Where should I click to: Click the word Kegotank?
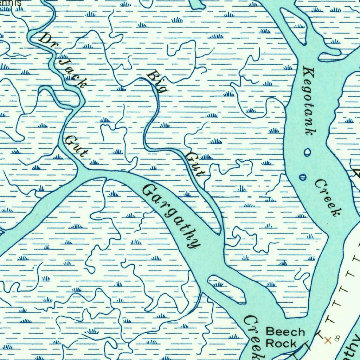(308, 101)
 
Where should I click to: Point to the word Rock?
(281, 343)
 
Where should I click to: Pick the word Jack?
(72, 73)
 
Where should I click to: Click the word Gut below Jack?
(76, 146)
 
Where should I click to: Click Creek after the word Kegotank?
(328, 198)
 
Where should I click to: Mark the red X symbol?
(328, 340)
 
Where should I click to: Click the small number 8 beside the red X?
(337, 339)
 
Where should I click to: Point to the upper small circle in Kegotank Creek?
(308, 152)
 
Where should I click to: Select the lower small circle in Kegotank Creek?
(303, 177)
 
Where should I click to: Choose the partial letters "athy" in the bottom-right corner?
(352, 346)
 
